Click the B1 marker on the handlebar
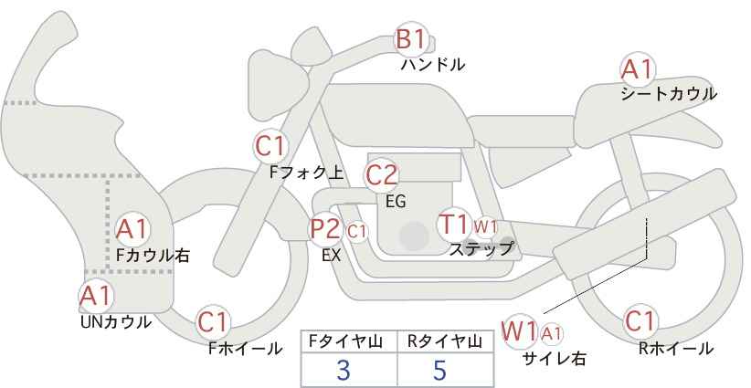pos(411,39)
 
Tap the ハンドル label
pos(433,65)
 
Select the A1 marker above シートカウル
pos(637,69)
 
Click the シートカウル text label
pos(669,94)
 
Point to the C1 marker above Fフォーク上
pos(270,146)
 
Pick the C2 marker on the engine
pos(382,175)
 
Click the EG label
pos(397,202)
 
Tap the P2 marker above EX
pos(325,228)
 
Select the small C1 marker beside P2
pos(357,232)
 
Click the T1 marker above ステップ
pos(453,224)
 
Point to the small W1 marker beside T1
pos(486,226)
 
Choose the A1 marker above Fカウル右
pos(132,230)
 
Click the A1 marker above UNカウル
pos(96,296)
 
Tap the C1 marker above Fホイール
pos(213,322)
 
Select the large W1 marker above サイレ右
pos(519,331)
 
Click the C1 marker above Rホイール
pos(640,321)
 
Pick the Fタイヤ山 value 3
pos(344,371)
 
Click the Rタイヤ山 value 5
pos(439,371)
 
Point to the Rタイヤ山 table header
pos(445,341)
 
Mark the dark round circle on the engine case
pos(414,236)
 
